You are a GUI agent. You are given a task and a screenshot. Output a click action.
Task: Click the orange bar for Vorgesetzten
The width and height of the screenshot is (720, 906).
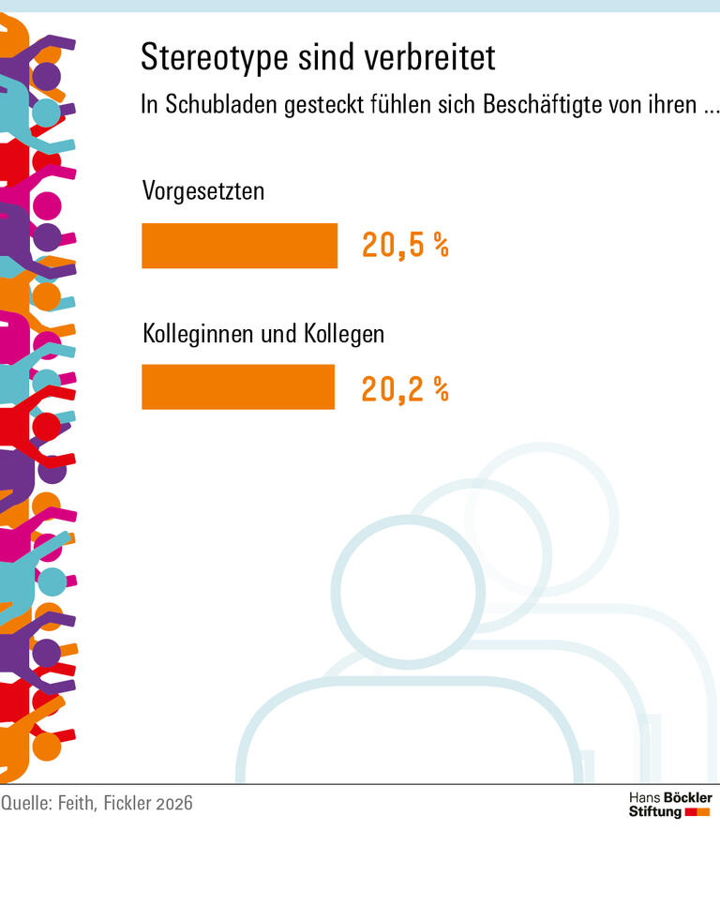pyautogui.click(x=239, y=246)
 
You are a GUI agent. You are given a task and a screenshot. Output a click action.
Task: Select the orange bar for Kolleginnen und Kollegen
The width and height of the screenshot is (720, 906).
pyautogui.click(x=237, y=387)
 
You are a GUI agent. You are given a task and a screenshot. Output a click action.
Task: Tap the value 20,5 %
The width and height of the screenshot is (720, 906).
pyautogui.click(x=405, y=246)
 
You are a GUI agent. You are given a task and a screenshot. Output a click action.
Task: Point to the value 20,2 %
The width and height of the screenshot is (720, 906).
pyautogui.click(x=405, y=388)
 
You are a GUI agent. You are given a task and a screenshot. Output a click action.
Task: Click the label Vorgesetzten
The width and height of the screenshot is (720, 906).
pyautogui.click(x=203, y=191)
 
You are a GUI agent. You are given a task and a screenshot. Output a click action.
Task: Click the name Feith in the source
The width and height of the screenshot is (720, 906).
pyautogui.click(x=79, y=804)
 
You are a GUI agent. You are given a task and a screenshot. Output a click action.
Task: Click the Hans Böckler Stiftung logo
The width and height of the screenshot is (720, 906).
pyautogui.click(x=669, y=804)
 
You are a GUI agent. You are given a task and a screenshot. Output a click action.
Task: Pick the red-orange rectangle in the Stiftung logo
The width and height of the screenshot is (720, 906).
pyautogui.click(x=697, y=812)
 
